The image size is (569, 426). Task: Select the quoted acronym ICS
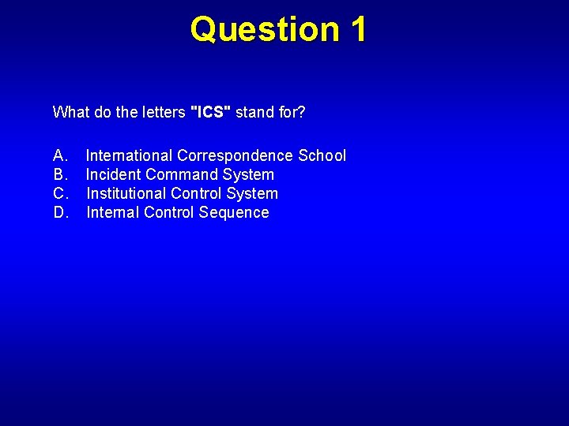coord(211,112)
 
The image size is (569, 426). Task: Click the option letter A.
coord(60,155)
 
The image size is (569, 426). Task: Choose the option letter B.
coord(60,174)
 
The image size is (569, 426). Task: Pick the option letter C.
coord(60,193)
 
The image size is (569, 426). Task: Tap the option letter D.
coord(60,212)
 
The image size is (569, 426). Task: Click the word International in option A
coord(129,155)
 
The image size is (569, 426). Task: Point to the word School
coord(322,155)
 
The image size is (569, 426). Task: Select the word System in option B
coord(248,174)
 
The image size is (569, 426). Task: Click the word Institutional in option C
coord(126,193)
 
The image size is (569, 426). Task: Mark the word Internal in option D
coord(113,212)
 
